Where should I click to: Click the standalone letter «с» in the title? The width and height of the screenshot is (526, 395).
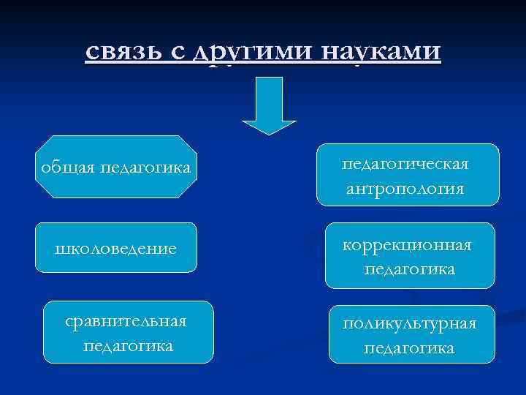point(175,53)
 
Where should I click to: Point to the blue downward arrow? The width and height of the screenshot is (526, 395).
point(269,106)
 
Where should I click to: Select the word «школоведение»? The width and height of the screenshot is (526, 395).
point(116,249)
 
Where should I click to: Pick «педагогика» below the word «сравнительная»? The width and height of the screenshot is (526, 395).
point(128,345)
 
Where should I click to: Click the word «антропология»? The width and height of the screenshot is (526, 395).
point(405,189)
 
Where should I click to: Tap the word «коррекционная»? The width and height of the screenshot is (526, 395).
point(409,245)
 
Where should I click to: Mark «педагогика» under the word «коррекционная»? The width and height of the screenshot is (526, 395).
point(409,269)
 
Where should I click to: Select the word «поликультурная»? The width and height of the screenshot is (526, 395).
point(409,324)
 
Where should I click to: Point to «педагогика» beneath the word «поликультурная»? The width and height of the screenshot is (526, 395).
point(409,348)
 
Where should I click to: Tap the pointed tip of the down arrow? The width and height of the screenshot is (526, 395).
point(269,132)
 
